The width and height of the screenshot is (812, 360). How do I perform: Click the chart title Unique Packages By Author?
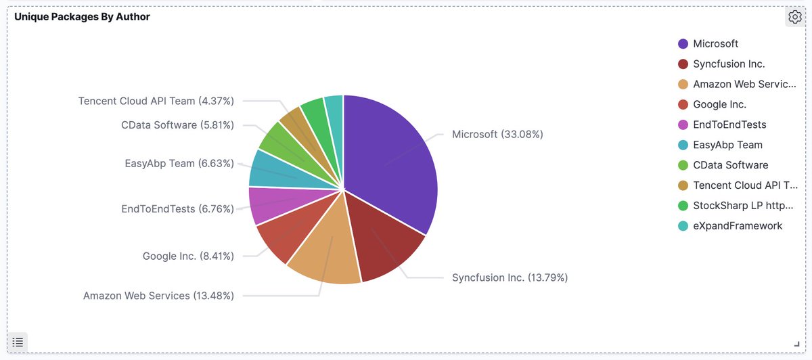pyautogui.click(x=82, y=17)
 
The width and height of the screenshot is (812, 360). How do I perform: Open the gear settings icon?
pyautogui.click(x=794, y=17)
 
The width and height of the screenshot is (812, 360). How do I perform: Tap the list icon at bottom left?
pyautogui.click(x=18, y=342)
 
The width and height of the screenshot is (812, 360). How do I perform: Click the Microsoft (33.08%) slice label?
pyautogui.click(x=497, y=134)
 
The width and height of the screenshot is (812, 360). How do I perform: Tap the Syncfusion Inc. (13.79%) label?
pyautogui.click(x=510, y=277)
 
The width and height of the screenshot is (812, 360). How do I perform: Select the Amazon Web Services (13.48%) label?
pyautogui.click(x=158, y=296)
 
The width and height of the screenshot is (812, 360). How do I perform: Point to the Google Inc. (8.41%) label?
pyautogui.click(x=188, y=256)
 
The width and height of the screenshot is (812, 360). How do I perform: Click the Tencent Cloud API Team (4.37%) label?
pyautogui.click(x=156, y=101)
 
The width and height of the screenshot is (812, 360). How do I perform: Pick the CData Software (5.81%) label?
pyautogui.click(x=178, y=125)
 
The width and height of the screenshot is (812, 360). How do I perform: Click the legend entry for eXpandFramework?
pyautogui.click(x=738, y=226)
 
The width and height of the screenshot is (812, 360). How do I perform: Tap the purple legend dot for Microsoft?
pyautogui.click(x=683, y=44)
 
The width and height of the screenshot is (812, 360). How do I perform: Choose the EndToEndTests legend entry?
pyautogui.click(x=729, y=125)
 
